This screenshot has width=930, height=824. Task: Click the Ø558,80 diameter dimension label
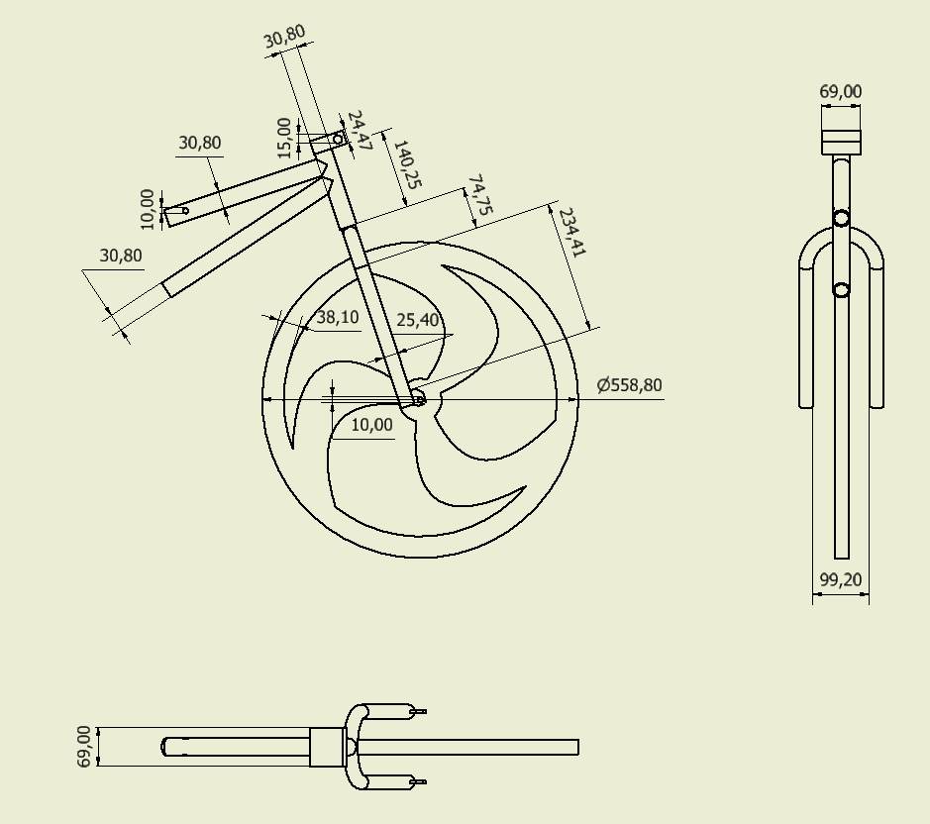pos(630,385)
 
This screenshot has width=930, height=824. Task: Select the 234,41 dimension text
pos(572,234)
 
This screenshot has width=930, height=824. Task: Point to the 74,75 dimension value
pos(478,196)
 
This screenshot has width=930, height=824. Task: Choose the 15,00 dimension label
pos(285,138)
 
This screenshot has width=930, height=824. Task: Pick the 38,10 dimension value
pos(337,318)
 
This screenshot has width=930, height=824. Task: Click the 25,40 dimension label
pos(418,320)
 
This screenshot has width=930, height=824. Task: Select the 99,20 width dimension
pos(841,579)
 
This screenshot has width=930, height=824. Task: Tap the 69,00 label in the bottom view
pos(84,746)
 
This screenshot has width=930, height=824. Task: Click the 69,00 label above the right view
pos(841,92)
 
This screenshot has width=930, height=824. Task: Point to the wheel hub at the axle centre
pos(417,398)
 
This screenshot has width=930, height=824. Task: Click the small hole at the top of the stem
pos(338,140)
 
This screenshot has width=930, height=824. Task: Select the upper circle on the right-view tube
pos(841,219)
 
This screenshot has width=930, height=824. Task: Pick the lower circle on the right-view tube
pos(841,289)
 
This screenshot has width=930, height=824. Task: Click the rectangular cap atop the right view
pos(841,143)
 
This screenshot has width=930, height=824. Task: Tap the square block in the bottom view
pos(327,747)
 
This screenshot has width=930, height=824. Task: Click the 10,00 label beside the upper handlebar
pos(149,209)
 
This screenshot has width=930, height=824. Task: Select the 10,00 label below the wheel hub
pos(372,425)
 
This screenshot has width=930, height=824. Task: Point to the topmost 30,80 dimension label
pos(285,38)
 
